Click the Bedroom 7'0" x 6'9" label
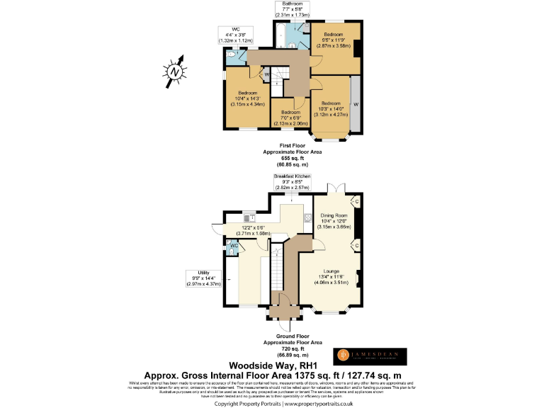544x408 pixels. click(290, 118)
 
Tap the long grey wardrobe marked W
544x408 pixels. click(356, 104)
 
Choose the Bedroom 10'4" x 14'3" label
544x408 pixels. click(247, 98)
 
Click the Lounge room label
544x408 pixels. click(331, 276)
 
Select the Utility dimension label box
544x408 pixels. click(203, 278)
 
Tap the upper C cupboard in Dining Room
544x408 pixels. click(356, 203)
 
